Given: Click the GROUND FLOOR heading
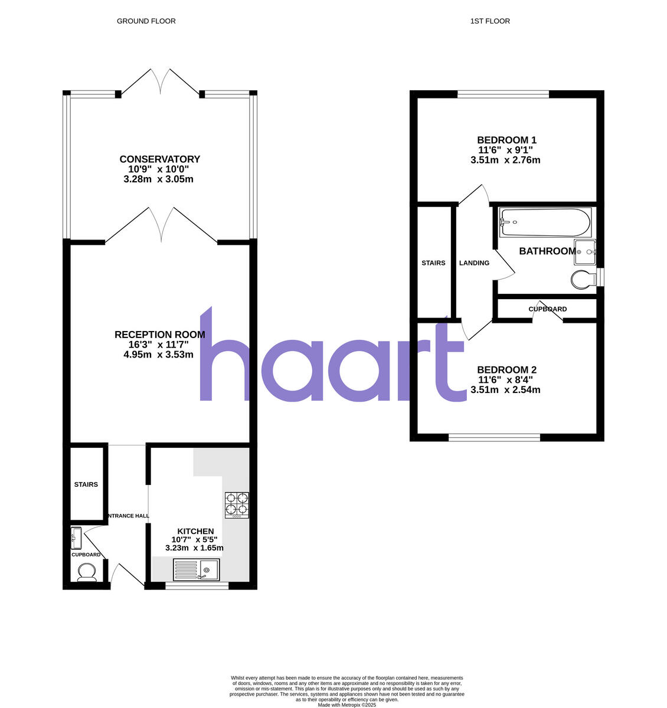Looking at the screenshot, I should pos(146,21).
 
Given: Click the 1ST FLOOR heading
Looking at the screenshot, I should pos(490,21).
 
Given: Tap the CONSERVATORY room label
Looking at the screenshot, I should pos(159,159).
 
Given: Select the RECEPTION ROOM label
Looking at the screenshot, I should pos(159,335).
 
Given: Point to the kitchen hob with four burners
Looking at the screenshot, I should pos(237,505).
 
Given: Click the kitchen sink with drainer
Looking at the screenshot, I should pos(196,569).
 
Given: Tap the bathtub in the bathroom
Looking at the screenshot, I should pos(545,222).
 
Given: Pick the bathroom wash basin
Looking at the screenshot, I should pos(586,252).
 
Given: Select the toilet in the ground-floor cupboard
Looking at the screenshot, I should pos(87,572).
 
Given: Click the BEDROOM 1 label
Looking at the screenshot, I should pos(506,140).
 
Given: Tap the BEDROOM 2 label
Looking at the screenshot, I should pos(506,370).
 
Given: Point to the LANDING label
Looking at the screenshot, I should pos(474,263).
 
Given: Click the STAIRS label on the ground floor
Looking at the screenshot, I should pos(86,485).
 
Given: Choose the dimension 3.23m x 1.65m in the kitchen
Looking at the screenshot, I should pos(194,548).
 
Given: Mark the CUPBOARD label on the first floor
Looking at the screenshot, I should pos(547,309).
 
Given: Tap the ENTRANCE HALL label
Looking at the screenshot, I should pos(127,516).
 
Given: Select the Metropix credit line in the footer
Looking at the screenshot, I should pos(346,704).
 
